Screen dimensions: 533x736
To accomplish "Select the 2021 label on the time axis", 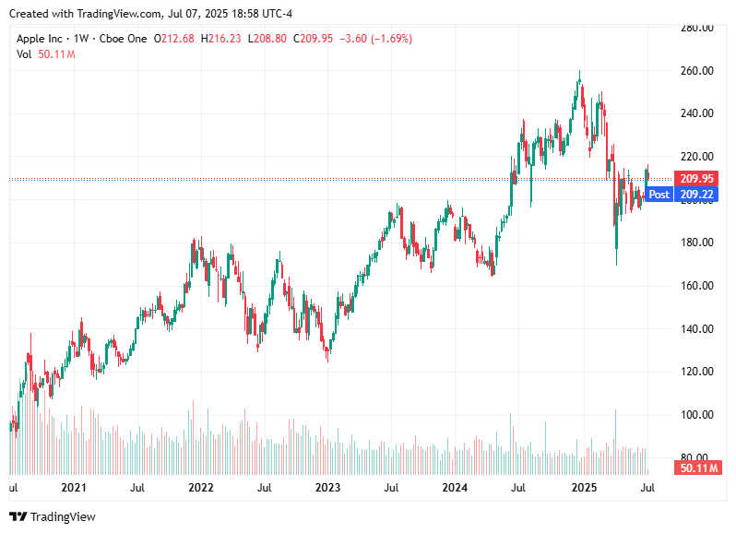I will tap(73, 487).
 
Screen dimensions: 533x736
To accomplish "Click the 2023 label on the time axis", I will tap(327, 487).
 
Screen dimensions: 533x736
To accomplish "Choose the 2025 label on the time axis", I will tap(583, 487).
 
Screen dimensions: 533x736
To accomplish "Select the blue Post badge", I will tap(659, 195).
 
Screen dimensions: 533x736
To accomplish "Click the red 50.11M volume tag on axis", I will tap(698, 468).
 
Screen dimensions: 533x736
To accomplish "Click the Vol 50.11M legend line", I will tap(45, 54).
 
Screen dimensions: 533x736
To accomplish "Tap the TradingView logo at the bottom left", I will tap(53, 516).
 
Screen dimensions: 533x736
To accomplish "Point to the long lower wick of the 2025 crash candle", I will tap(616, 254).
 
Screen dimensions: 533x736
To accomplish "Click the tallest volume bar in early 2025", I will tap(615, 433).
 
